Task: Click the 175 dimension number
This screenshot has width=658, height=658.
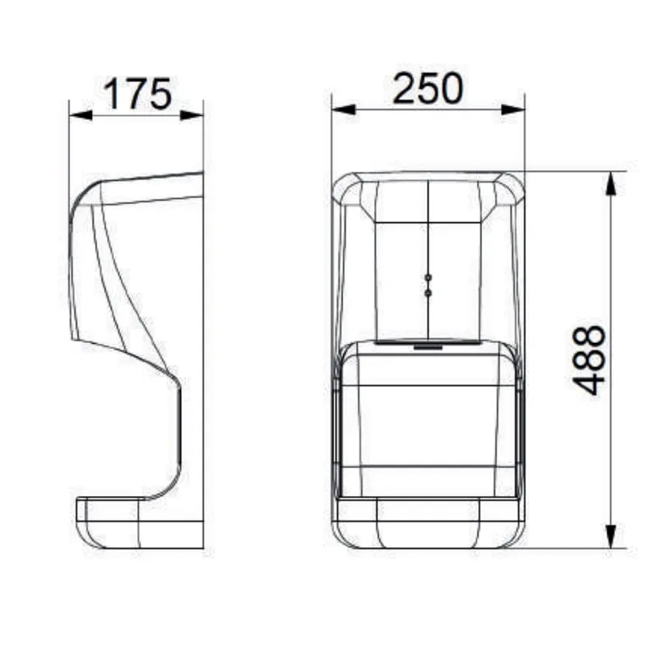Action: tap(137, 94)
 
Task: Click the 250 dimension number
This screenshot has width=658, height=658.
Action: tap(428, 89)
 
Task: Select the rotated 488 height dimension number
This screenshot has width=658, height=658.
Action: tap(589, 360)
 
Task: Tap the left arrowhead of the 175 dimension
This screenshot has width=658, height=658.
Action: tap(81, 114)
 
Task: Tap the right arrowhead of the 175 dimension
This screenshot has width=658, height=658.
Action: tap(192, 114)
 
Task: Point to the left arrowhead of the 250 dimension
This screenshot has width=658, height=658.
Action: tap(343, 109)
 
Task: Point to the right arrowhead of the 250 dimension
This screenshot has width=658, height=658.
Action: tap(513, 109)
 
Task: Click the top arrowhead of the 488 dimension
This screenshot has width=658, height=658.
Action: tap(611, 183)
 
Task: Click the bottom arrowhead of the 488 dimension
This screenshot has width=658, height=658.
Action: tap(611, 536)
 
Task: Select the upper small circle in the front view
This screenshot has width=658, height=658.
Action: tap(428, 278)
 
